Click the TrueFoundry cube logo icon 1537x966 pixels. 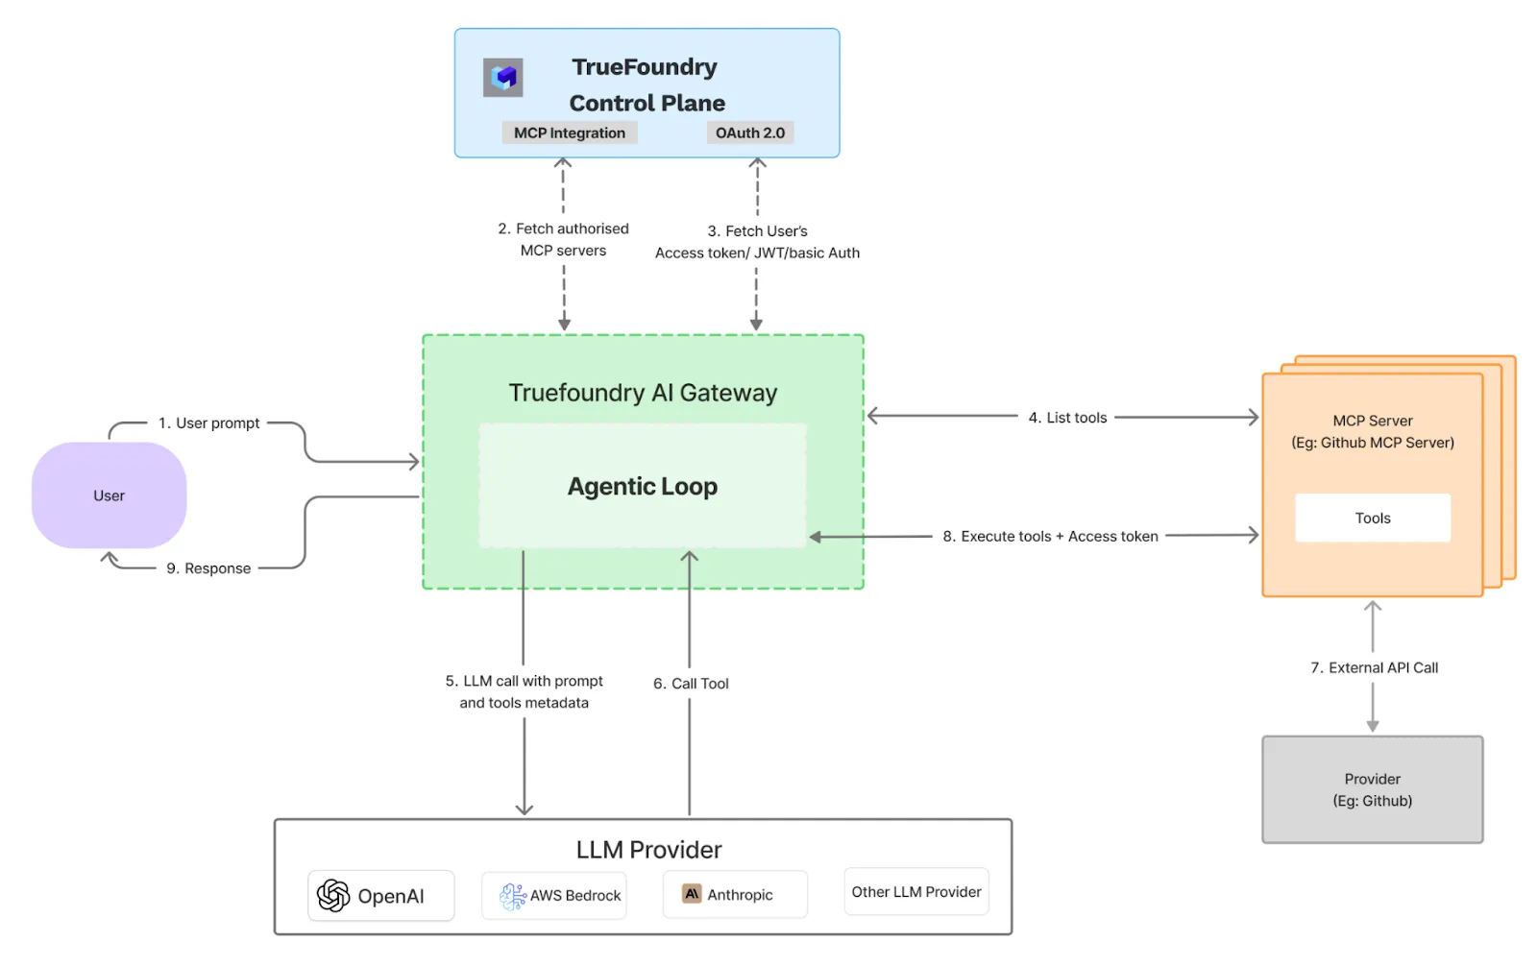(502, 78)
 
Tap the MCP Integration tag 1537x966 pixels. (569, 133)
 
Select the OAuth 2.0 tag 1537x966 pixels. (749, 133)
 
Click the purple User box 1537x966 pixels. (109, 495)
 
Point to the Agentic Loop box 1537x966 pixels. (642, 487)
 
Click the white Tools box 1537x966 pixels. (1372, 519)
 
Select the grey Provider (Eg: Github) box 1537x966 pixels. (1372, 789)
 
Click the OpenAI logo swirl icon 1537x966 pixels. (333, 895)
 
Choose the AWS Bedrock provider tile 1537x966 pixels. (554, 895)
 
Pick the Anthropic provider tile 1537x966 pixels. (735, 895)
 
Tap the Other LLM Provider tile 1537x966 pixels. (915, 892)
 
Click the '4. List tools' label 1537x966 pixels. (1067, 418)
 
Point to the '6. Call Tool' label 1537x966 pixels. (691, 684)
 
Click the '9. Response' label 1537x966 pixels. (208, 568)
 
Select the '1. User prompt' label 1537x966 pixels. (209, 423)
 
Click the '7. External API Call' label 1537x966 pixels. (1374, 667)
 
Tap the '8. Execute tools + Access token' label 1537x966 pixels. (1050, 537)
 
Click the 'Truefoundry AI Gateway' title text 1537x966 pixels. (643, 393)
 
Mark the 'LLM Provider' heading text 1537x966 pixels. (648, 850)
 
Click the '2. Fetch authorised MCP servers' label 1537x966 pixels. (563, 239)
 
